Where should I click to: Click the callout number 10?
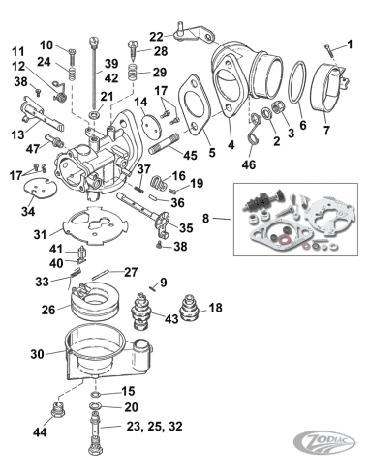pos(46,45)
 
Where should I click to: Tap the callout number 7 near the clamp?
pos(325,130)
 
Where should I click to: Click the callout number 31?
pos(38,234)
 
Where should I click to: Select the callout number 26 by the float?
pos(46,311)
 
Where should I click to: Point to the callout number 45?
pos(191,156)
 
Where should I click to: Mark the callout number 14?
pos(140,102)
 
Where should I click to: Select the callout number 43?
pos(171,319)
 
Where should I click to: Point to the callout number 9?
pos(164,282)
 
